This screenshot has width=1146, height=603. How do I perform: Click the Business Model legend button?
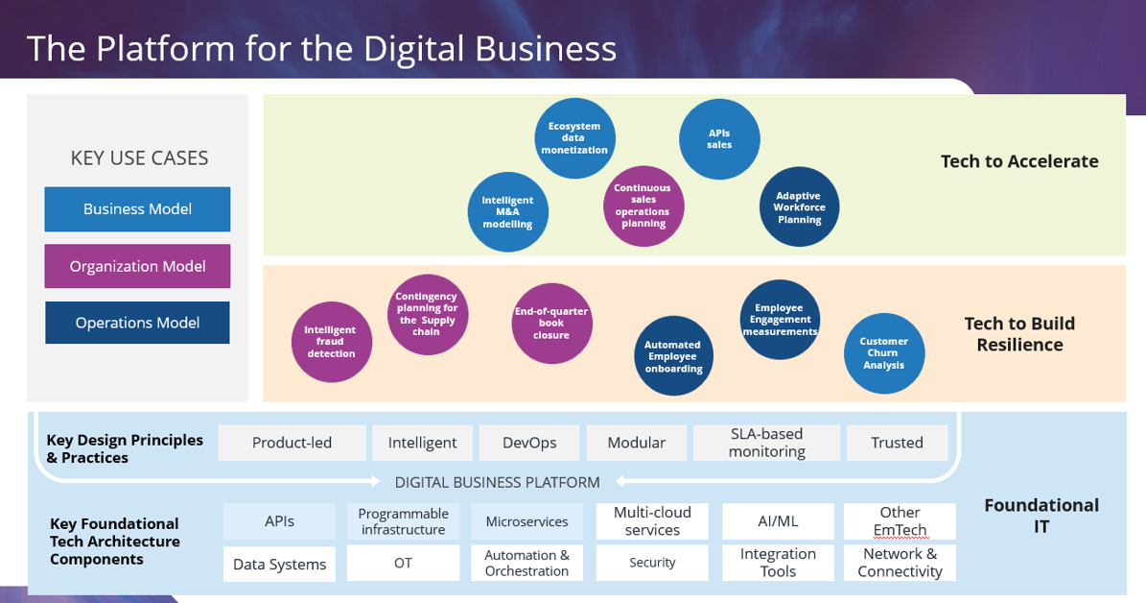coord(137,209)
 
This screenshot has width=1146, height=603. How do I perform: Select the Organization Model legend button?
coord(137,266)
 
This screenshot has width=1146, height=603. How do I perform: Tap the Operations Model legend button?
coord(137,323)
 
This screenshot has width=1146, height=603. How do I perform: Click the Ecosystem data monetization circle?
coord(574,138)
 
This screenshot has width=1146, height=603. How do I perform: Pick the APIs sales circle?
coord(719,139)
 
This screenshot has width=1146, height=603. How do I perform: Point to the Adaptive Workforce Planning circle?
coord(799,207)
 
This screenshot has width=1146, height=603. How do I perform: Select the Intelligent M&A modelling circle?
coord(507,212)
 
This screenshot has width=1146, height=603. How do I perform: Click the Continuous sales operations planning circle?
coord(643,205)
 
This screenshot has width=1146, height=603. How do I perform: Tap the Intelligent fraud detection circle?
coord(331,342)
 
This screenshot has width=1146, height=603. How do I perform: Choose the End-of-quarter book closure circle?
coord(551,324)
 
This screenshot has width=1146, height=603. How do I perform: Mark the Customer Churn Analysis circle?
coord(883,353)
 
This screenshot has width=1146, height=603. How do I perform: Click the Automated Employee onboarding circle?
coord(673,356)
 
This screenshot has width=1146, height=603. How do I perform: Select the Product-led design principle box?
coord(292,443)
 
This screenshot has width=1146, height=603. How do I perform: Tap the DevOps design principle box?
coord(529,443)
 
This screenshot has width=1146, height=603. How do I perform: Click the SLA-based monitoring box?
coord(766,443)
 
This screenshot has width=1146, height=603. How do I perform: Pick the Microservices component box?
coord(526,521)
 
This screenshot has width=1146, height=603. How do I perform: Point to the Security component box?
coord(652,563)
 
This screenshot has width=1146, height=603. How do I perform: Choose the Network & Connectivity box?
coord(900,563)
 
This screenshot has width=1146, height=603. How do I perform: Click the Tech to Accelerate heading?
coord(1019,161)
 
